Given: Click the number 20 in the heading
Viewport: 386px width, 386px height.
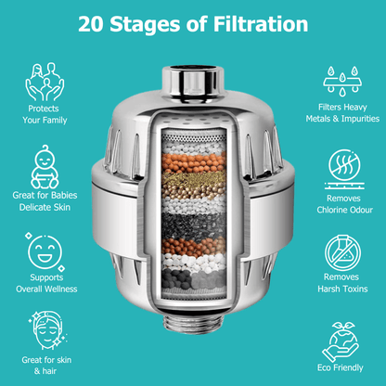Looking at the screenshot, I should pyautogui.click(x=93, y=22).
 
